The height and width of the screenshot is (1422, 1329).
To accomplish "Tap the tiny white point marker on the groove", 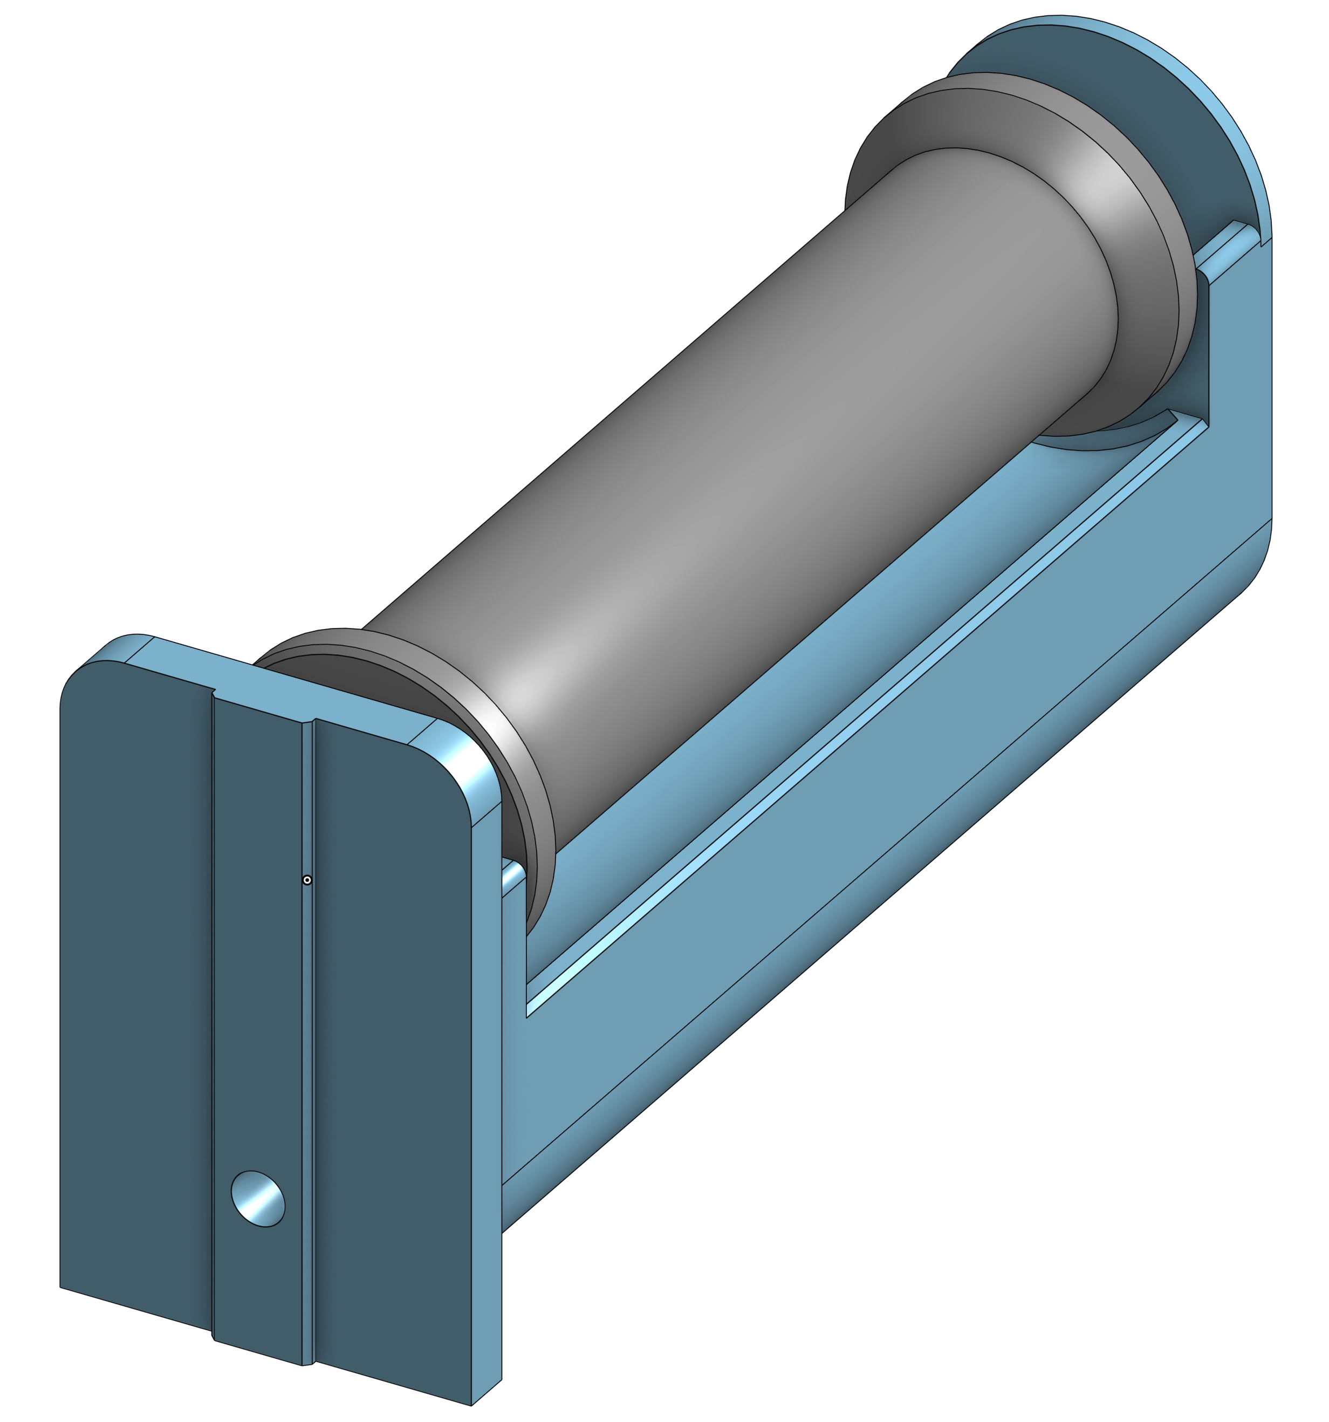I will [307, 880].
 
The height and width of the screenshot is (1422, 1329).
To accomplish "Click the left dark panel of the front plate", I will [136, 1001].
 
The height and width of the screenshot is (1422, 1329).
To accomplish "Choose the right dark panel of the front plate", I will [393, 1073].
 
